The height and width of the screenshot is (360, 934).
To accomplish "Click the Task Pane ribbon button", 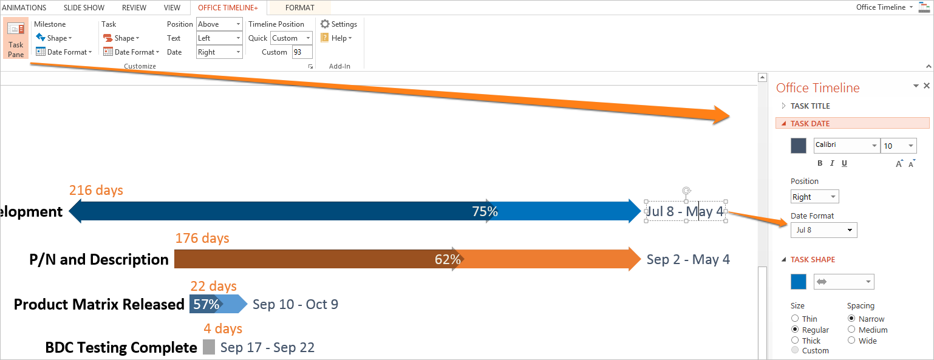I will (x=16, y=38).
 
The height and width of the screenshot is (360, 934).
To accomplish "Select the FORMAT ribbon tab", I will (x=300, y=8).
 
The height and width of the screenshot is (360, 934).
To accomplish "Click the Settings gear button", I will (x=339, y=24).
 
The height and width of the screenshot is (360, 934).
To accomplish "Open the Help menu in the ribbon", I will (x=336, y=38).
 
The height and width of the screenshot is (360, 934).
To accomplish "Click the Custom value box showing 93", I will (x=302, y=52).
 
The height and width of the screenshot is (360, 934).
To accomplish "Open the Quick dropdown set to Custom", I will (x=291, y=38).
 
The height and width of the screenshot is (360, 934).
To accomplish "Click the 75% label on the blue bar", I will (x=485, y=211).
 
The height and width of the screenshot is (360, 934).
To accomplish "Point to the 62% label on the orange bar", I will (x=448, y=260).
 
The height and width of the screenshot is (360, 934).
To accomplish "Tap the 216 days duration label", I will (x=96, y=191).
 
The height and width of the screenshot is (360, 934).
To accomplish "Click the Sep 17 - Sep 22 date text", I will (x=267, y=348).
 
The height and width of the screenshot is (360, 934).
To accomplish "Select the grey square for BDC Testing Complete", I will (x=209, y=347).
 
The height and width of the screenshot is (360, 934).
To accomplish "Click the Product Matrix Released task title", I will (x=99, y=304).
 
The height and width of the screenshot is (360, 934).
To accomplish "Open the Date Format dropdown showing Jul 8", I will (x=823, y=230).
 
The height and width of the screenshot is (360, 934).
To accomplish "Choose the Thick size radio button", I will (x=795, y=341).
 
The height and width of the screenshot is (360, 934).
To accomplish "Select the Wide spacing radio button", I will (x=851, y=341).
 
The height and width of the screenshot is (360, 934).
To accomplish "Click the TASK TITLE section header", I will (x=810, y=106).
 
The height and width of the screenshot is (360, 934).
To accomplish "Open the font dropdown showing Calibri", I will (x=846, y=146).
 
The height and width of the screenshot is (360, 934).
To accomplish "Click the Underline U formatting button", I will (x=844, y=163).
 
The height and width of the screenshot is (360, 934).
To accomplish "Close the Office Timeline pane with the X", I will (x=927, y=86).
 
